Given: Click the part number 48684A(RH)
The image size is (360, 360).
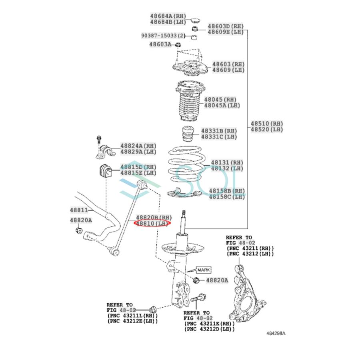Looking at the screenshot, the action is click(x=168, y=16).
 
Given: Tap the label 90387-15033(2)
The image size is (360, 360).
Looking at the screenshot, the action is click(x=163, y=36).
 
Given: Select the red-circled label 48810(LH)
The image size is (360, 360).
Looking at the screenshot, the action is click(x=152, y=223).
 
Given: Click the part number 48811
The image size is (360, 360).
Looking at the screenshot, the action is click(x=79, y=210).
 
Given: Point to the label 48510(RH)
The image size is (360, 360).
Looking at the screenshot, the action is click(x=267, y=124).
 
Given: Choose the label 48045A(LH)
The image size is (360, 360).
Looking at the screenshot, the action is click(x=222, y=105).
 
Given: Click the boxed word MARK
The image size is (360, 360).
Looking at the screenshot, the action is click(x=204, y=270).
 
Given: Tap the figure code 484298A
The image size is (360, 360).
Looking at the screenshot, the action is click(x=276, y=333).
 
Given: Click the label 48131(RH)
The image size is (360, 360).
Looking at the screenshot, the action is click(x=227, y=162).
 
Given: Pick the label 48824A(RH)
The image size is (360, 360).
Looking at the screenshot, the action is click(x=138, y=146).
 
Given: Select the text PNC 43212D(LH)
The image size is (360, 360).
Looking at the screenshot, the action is click(x=210, y=329).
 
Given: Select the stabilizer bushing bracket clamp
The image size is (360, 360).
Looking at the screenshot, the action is click(x=104, y=151).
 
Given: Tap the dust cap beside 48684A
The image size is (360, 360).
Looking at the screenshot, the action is click(x=196, y=20).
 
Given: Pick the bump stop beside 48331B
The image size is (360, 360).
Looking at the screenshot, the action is click(x=188, y=134).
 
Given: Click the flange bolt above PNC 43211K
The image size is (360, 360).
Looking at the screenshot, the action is click(x=198, y=298).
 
